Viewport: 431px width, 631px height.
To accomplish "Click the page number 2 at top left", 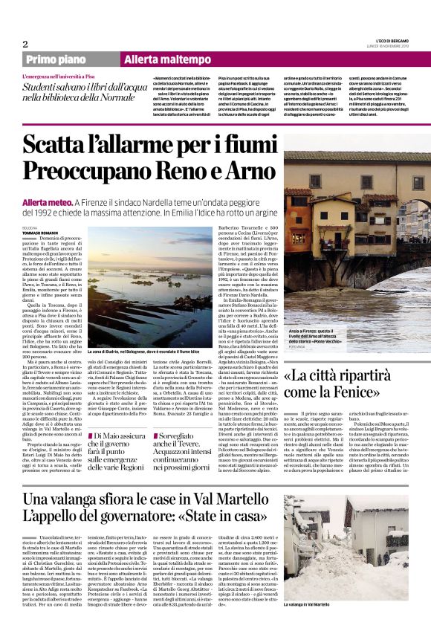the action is (x=25, y=44).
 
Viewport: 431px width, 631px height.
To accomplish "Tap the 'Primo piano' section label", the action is (x=54, y=59).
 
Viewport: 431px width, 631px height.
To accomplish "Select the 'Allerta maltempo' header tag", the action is (x=158, y=59).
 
